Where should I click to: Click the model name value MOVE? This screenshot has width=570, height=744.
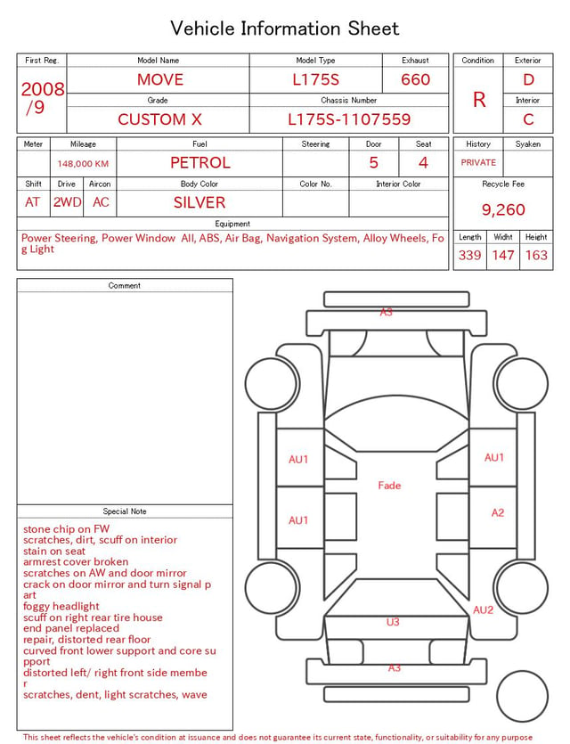(160, 79)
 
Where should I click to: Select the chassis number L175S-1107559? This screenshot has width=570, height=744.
(349, 119)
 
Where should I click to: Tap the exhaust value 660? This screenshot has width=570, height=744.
(415, 79)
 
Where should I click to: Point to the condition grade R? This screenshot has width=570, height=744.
(479, 100)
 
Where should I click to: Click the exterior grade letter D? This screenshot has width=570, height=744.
(528, 79)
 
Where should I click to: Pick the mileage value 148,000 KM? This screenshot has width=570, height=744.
(83, 164)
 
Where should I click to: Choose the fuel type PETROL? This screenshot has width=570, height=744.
(200, 163)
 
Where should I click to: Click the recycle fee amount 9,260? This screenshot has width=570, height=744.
(503, 209)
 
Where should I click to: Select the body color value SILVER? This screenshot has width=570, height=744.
(199, 202)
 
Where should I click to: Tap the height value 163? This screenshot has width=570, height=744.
(536, 255)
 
